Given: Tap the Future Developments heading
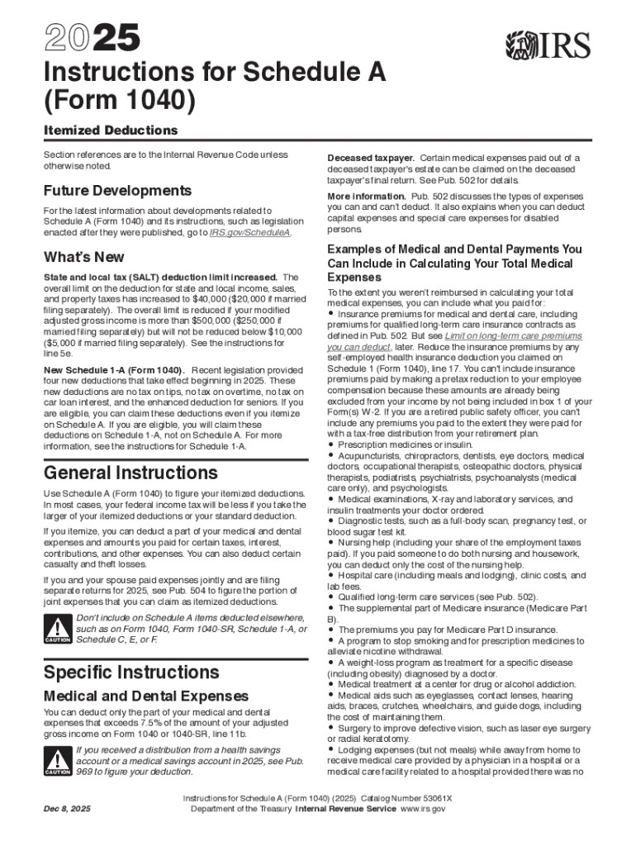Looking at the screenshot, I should [x=117, y=190].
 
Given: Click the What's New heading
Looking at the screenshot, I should [x=84, y=257].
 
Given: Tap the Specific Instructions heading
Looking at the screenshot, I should [x=131, y=671].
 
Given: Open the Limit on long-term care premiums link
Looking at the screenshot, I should [x=513, y=337].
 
